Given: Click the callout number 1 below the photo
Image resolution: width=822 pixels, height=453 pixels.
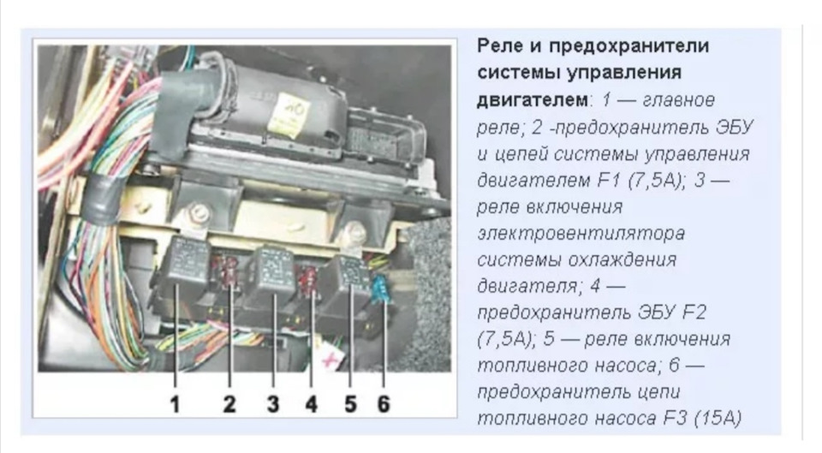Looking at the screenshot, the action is coord(175,404).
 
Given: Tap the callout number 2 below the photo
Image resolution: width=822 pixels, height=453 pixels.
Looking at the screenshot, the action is coord(229,404).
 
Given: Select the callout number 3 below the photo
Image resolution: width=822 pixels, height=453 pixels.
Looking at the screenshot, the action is coord(272,404).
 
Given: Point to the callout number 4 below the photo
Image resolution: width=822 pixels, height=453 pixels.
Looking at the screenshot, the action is coord(312,404).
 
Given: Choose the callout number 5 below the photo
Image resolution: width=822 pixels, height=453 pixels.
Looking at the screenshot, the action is coord(350,404).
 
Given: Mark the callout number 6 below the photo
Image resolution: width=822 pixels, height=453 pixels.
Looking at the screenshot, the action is coord(384,404).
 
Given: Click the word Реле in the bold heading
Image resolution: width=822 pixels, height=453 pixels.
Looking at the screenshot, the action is coord(500,46).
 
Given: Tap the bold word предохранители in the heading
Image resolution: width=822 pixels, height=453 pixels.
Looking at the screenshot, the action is coord(628,46).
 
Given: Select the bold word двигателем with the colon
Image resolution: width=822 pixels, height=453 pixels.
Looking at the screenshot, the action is coord(534,99).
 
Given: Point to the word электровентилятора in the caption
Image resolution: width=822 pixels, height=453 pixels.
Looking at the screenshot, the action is coord(581,233).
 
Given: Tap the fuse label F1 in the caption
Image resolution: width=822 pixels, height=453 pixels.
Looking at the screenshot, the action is coord(607,180).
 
